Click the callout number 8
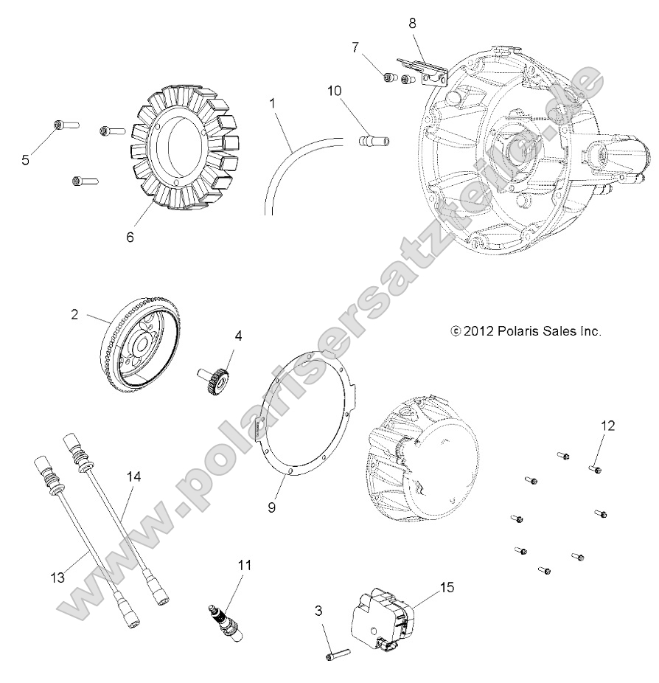click(412, 23)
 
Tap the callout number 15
click(447, 587)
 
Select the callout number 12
click(607, 426)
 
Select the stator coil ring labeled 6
click(184, 150)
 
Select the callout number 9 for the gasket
click(271, 508)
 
